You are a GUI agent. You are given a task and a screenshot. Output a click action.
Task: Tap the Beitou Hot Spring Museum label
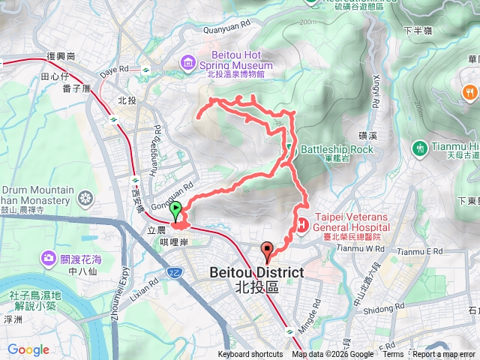pos(236,60)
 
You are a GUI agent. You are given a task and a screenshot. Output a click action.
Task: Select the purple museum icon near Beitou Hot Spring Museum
pos(187,60)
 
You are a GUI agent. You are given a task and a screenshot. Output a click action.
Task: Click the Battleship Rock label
pos(337,148)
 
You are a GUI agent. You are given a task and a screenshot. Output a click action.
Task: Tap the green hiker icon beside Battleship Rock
pos(291,148)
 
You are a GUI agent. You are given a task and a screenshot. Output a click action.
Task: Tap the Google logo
pos(28,349)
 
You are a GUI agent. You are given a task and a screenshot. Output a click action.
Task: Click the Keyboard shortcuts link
pos(250,355)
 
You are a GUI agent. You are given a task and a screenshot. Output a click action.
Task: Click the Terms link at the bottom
pos(393,355)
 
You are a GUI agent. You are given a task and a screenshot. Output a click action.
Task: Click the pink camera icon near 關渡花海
pos(49,258)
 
